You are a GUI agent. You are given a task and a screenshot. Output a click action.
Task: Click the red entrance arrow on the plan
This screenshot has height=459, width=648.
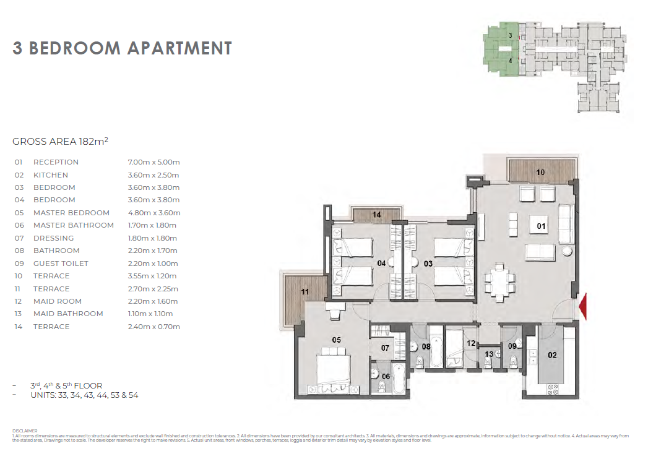tap(582, 307)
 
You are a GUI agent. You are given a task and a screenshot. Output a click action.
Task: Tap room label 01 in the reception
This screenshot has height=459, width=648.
tap(541, 226)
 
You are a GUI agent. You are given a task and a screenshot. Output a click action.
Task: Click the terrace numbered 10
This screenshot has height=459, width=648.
tap(540, 171)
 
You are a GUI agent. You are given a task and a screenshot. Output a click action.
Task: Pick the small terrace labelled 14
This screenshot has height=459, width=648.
tap(376, 215)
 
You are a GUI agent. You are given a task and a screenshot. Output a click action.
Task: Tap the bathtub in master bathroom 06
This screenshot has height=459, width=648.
tap(399, 378)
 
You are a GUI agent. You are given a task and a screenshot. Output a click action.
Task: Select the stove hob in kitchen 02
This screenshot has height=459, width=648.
tap(553, 388)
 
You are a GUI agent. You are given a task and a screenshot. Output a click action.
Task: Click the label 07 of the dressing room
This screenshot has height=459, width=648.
tap(385, 348)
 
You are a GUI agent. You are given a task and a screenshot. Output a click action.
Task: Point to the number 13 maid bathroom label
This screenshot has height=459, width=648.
tap(489, 354)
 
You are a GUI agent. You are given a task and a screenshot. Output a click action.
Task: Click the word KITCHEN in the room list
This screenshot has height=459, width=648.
tap(51, 175)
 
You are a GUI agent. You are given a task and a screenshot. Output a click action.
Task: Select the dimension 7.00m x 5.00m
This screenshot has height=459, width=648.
tap(153, 162)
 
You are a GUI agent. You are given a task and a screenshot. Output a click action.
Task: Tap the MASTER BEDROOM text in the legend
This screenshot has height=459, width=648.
tap(72, 213)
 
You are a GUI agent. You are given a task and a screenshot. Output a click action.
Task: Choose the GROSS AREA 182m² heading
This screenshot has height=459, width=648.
tap(60, 141)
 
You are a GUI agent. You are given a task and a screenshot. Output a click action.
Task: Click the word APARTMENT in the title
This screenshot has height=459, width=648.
tap(179, 48)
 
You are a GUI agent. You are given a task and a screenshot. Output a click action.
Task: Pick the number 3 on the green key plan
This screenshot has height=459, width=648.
tap(511, 35)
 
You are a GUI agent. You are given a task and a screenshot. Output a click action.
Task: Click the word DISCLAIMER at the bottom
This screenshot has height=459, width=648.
tap(25, 431)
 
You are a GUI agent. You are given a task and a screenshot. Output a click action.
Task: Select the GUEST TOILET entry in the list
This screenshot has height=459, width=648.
tap(61, 263)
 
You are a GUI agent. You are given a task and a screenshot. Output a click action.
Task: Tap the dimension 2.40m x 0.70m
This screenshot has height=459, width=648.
tap(153, 327)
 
